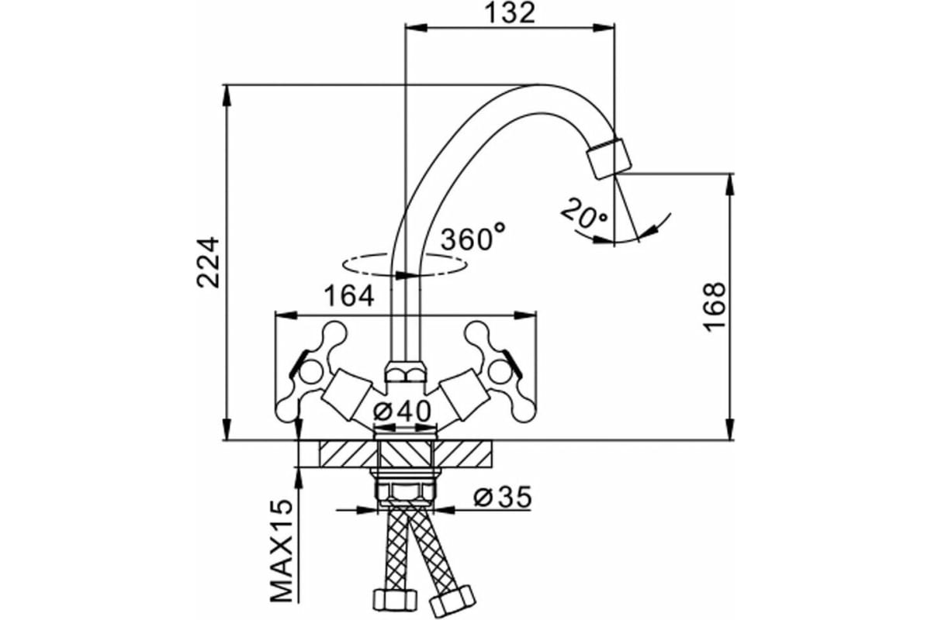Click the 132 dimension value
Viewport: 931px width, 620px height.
pyautogui.click(x=511, y=13)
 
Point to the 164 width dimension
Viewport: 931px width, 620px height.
pyautogui.click(x=350, y=296)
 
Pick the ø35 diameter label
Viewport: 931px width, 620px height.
pyautogui.click(x=502, y=498)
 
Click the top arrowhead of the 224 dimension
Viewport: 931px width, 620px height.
pyautogui.click(x=227, y=93)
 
